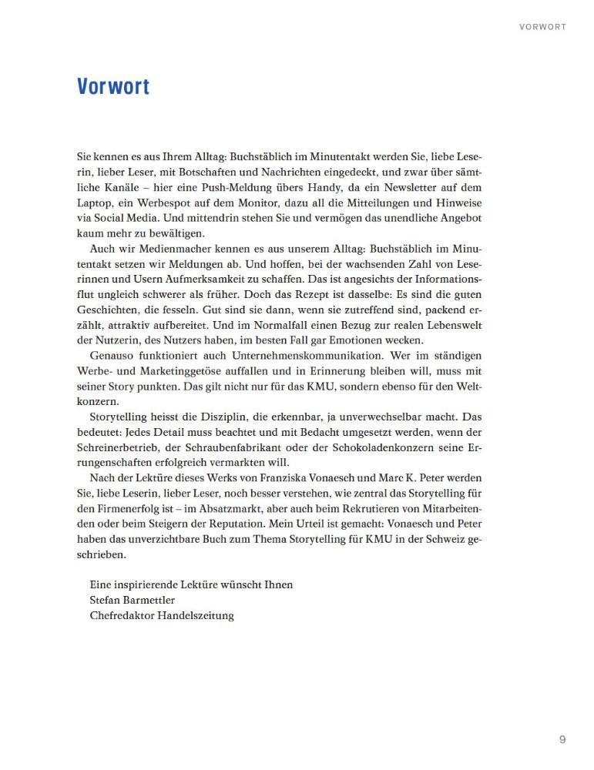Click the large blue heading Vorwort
(112, 85)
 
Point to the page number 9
(562, 740)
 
